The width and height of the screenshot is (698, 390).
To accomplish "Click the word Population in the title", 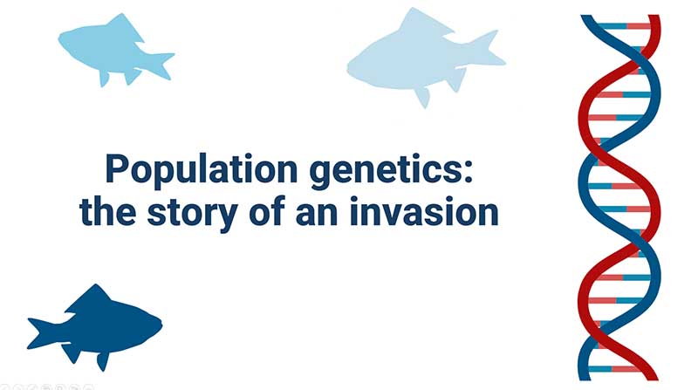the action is tap(202, 168).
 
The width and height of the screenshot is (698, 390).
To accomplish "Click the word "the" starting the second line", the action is tap(107, 210).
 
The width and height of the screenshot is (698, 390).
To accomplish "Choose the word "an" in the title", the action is tap(317, 214).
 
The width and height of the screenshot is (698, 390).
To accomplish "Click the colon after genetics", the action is tap(468, 172).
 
